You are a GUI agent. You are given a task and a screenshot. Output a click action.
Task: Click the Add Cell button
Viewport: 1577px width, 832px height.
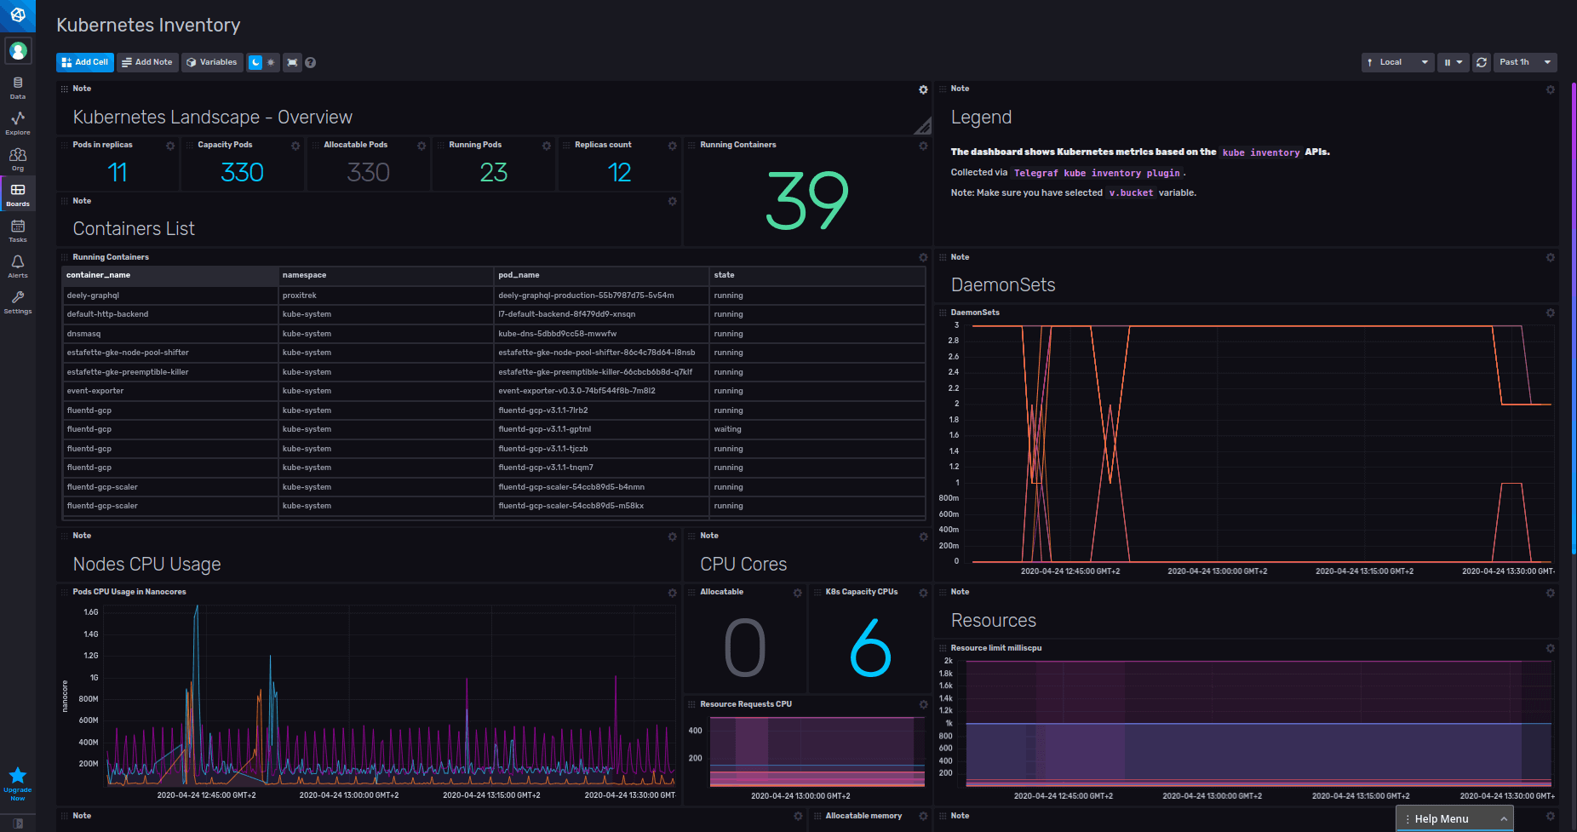[84, 62]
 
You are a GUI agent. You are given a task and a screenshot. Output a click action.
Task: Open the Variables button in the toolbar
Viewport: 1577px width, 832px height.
[212, 62]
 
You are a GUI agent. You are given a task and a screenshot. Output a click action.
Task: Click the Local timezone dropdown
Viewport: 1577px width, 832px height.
[1397, 62]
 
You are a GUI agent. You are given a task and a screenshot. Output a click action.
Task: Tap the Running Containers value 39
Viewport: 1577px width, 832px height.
[807, 201]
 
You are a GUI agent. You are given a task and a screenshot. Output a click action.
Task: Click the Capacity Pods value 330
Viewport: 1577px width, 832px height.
[242, 173]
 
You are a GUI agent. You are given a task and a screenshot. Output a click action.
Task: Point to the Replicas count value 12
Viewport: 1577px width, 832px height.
[619, 173]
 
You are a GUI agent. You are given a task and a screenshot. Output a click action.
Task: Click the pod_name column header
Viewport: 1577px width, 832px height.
[519, 275]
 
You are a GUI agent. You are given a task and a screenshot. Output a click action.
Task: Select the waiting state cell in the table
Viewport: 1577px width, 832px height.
[727, 429]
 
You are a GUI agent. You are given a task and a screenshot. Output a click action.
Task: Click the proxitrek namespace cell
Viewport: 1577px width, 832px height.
[300, 296]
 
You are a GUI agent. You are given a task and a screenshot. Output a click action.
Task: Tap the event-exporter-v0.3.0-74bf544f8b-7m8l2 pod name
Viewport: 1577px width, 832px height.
[576, 391]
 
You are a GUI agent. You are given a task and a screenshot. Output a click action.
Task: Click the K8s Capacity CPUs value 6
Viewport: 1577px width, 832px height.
[870, 648]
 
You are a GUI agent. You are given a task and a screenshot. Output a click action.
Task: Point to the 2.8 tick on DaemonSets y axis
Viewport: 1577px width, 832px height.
[953, 341]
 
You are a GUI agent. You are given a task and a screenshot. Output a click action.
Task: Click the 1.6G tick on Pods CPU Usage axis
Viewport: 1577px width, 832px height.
[90, 612]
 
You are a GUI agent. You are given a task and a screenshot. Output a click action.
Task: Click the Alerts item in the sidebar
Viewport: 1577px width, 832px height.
[18, 266]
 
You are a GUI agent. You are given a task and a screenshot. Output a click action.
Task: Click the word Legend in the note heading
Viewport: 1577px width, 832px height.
[981, 118]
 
